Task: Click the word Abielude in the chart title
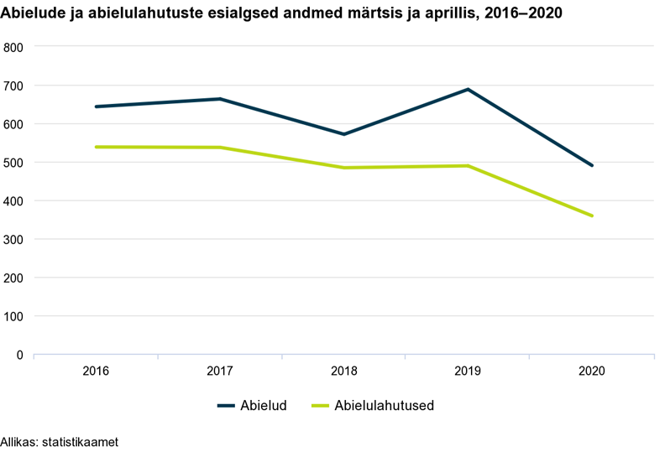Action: point(34,13)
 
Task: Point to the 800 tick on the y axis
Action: point(13,47)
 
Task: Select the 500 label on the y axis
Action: point(13,163)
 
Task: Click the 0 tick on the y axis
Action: point(18,355)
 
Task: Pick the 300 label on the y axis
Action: point(13,240)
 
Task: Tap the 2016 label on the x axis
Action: point(96,371)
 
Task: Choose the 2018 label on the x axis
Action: point(343,371)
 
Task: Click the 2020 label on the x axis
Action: point(592,371)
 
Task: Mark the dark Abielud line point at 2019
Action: point(468,89)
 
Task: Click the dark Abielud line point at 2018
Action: point(343,134)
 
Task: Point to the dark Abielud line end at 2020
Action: point(592,165)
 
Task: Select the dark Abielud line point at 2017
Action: point(220,99)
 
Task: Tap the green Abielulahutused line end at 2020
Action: point(592,216)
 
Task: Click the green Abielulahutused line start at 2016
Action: point(96,147)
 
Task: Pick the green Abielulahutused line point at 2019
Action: point(468,165)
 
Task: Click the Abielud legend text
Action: point(264,406)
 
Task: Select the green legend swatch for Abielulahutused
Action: point(320,406)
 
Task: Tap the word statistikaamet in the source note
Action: point(81,441)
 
